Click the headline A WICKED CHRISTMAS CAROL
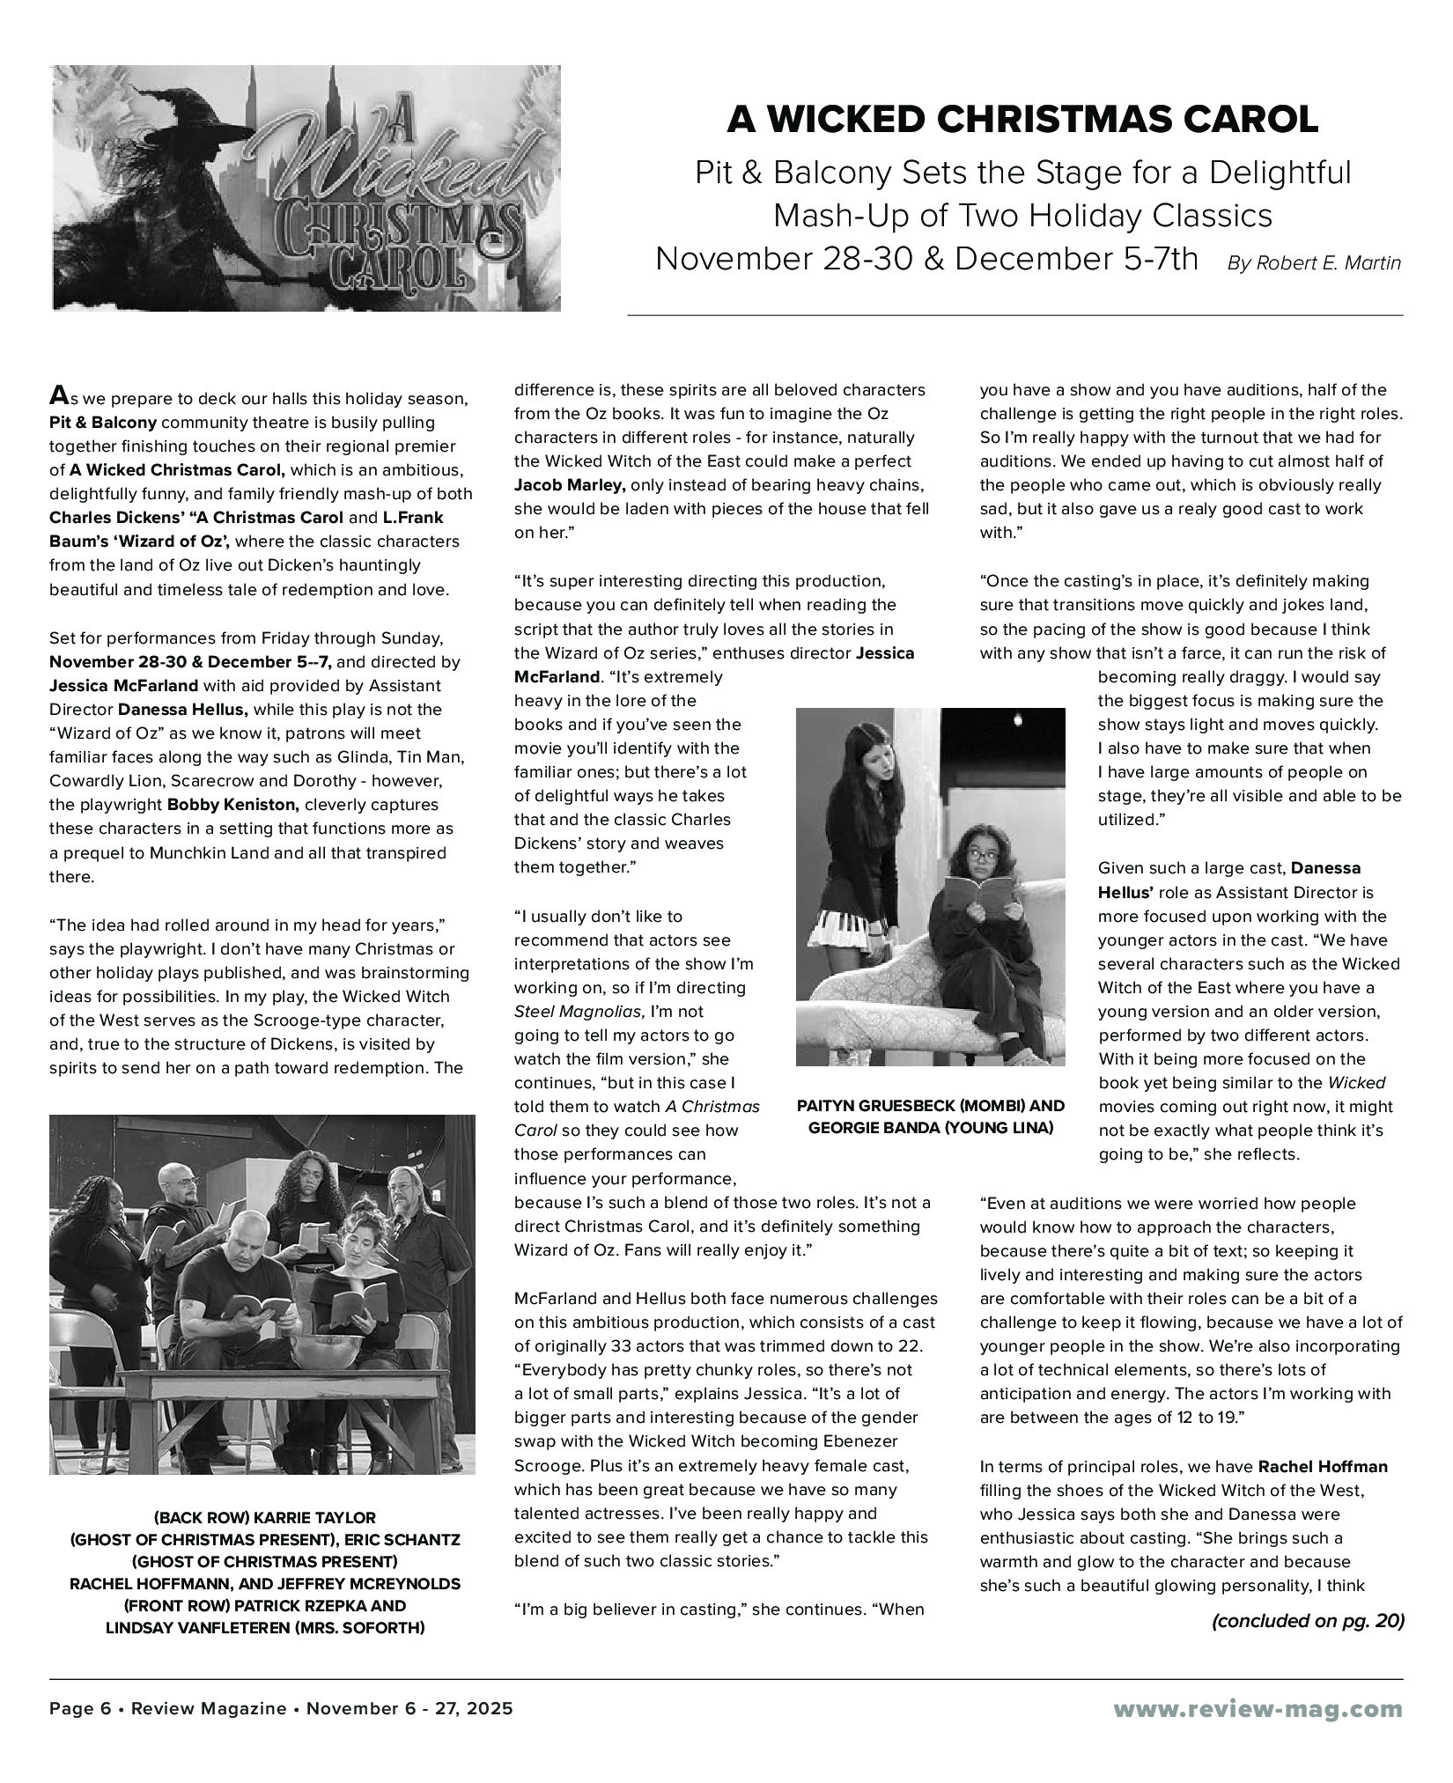click(1022, 120)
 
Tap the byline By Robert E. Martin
click(1313, 263)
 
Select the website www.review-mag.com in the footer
click(1258, 1709)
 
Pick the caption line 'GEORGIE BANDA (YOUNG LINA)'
click(930, 1128)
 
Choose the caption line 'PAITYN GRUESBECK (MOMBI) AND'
click(930, 1106)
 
